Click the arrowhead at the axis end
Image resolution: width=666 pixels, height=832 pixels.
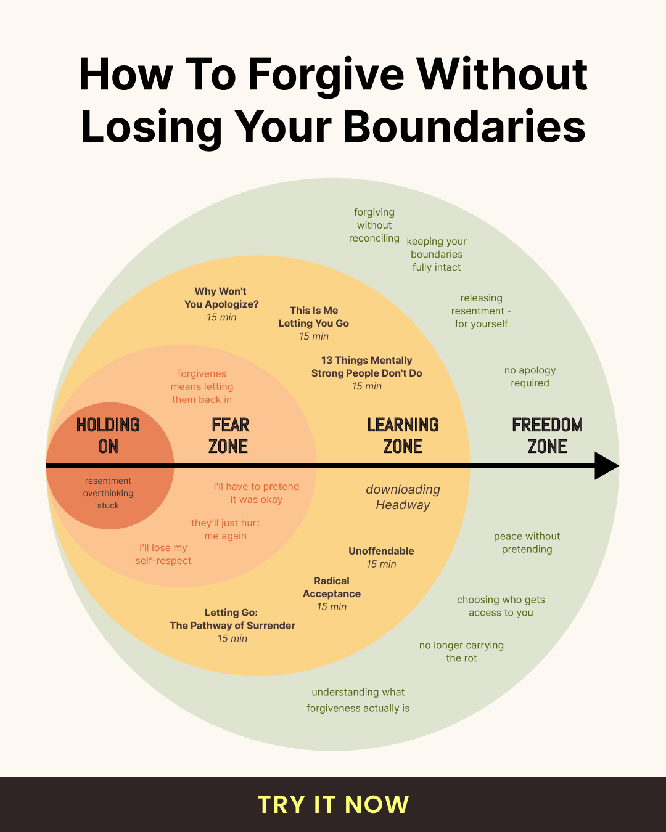(x=606, y=466)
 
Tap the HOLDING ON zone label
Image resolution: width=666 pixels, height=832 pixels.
(x=108, y=436)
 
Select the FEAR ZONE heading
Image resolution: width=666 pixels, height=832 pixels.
(x=229, y=436)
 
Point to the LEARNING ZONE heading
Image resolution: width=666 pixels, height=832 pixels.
(x=403, y=436)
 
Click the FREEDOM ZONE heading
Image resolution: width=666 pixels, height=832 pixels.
(x=547, y=436)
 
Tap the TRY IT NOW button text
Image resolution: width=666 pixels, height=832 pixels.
(x=333, y=804)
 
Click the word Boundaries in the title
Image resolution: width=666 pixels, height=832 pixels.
(x=464, y=127)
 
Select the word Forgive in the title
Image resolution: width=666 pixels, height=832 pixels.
(x=326, y=75)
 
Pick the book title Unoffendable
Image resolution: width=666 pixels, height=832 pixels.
(x=381, y=551)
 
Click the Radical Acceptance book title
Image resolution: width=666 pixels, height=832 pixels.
(x=332, y=587)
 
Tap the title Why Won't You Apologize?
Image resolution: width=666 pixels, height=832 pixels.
(x=221, y=298)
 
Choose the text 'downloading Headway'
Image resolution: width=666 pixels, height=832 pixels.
(x=403, y=497)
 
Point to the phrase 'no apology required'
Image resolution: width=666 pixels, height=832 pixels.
(x=530, y=377)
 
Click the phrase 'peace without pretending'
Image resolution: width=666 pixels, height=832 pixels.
(x=527, y=542)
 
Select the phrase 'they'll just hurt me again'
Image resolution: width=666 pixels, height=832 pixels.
(x=226, y=529)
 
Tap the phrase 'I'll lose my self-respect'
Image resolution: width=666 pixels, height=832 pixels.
(x=163, y=554)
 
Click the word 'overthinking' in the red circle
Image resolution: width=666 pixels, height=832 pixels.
(x=108, y=493)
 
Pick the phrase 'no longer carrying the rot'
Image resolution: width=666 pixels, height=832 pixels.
(x=461, y=651)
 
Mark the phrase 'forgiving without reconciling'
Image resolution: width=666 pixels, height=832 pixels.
(x=374, y=225)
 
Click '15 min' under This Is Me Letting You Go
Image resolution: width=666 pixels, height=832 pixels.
(x=313, y=336)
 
